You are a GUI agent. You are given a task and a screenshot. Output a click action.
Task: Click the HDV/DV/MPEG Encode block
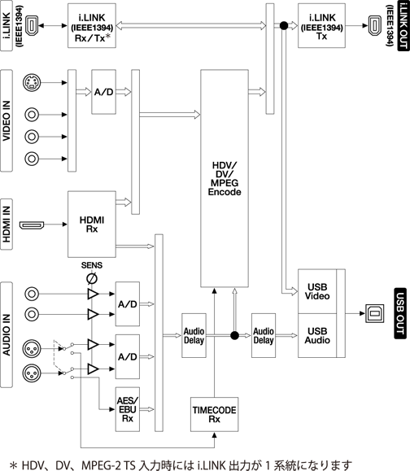point(225,178)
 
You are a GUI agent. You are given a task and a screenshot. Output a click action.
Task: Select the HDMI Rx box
point(92,224)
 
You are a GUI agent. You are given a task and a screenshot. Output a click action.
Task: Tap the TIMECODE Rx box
point(214,414)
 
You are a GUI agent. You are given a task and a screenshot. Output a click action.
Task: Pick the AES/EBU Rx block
point(128,409)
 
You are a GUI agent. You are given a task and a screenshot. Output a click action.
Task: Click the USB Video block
point(317,291)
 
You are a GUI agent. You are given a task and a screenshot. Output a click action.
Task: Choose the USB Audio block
point(317,335)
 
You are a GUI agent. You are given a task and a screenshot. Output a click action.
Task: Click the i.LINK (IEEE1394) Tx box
point(321,25)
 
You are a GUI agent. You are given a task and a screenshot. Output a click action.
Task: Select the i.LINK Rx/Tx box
point(92,25)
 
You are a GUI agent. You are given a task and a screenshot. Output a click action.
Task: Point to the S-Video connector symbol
point(32,82)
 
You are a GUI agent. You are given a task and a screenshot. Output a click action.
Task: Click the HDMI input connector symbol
point(32,225)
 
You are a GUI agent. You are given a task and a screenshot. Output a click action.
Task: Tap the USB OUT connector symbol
point(374,314)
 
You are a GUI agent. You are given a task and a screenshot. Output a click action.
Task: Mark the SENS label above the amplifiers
point(92,265)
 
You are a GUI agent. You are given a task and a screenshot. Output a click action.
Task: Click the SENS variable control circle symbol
point(92,279)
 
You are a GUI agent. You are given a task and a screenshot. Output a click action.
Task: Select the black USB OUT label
point(400,314)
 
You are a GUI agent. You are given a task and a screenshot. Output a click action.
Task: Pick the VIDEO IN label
point(7,120)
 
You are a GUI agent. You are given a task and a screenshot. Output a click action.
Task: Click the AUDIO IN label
point(7,334)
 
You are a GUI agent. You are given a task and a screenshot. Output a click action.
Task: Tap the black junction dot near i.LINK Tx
point(284,25)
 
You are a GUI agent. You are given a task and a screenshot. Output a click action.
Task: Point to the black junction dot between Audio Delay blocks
point(234,335)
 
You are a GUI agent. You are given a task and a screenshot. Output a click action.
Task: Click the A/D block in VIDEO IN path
point(103,92)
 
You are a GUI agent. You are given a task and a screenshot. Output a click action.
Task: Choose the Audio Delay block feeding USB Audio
point(264,335)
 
